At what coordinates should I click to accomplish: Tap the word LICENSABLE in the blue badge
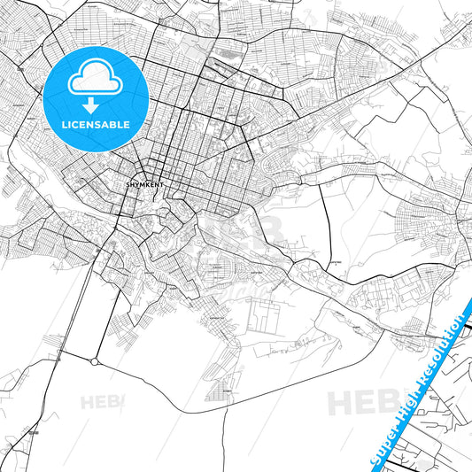pos(96,125)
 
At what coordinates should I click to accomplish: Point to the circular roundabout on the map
pos(95,361)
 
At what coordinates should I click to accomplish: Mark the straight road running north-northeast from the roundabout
pos(103,301)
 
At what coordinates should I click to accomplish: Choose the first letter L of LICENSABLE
pos(64,125)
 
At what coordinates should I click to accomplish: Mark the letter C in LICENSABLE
pos(78,125)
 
